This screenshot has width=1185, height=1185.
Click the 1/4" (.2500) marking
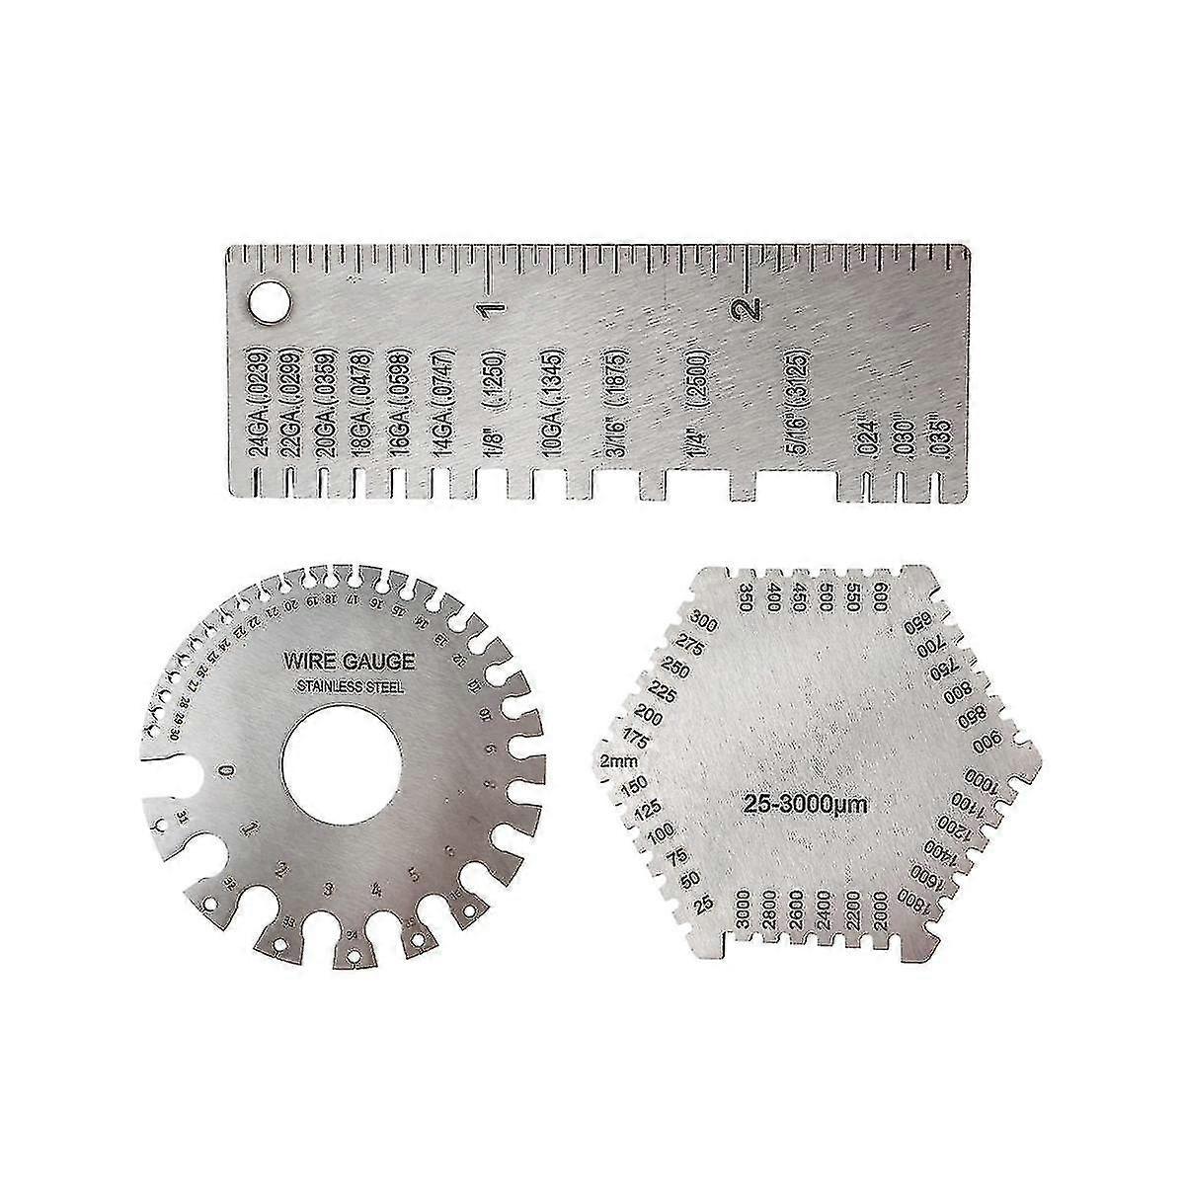point(695,406)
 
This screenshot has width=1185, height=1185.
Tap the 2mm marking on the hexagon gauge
point(617,760)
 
